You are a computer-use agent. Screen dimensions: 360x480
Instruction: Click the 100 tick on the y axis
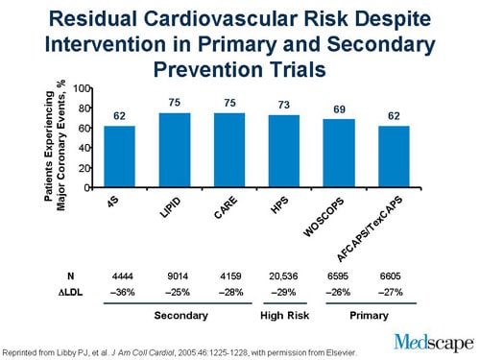point(84,88)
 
